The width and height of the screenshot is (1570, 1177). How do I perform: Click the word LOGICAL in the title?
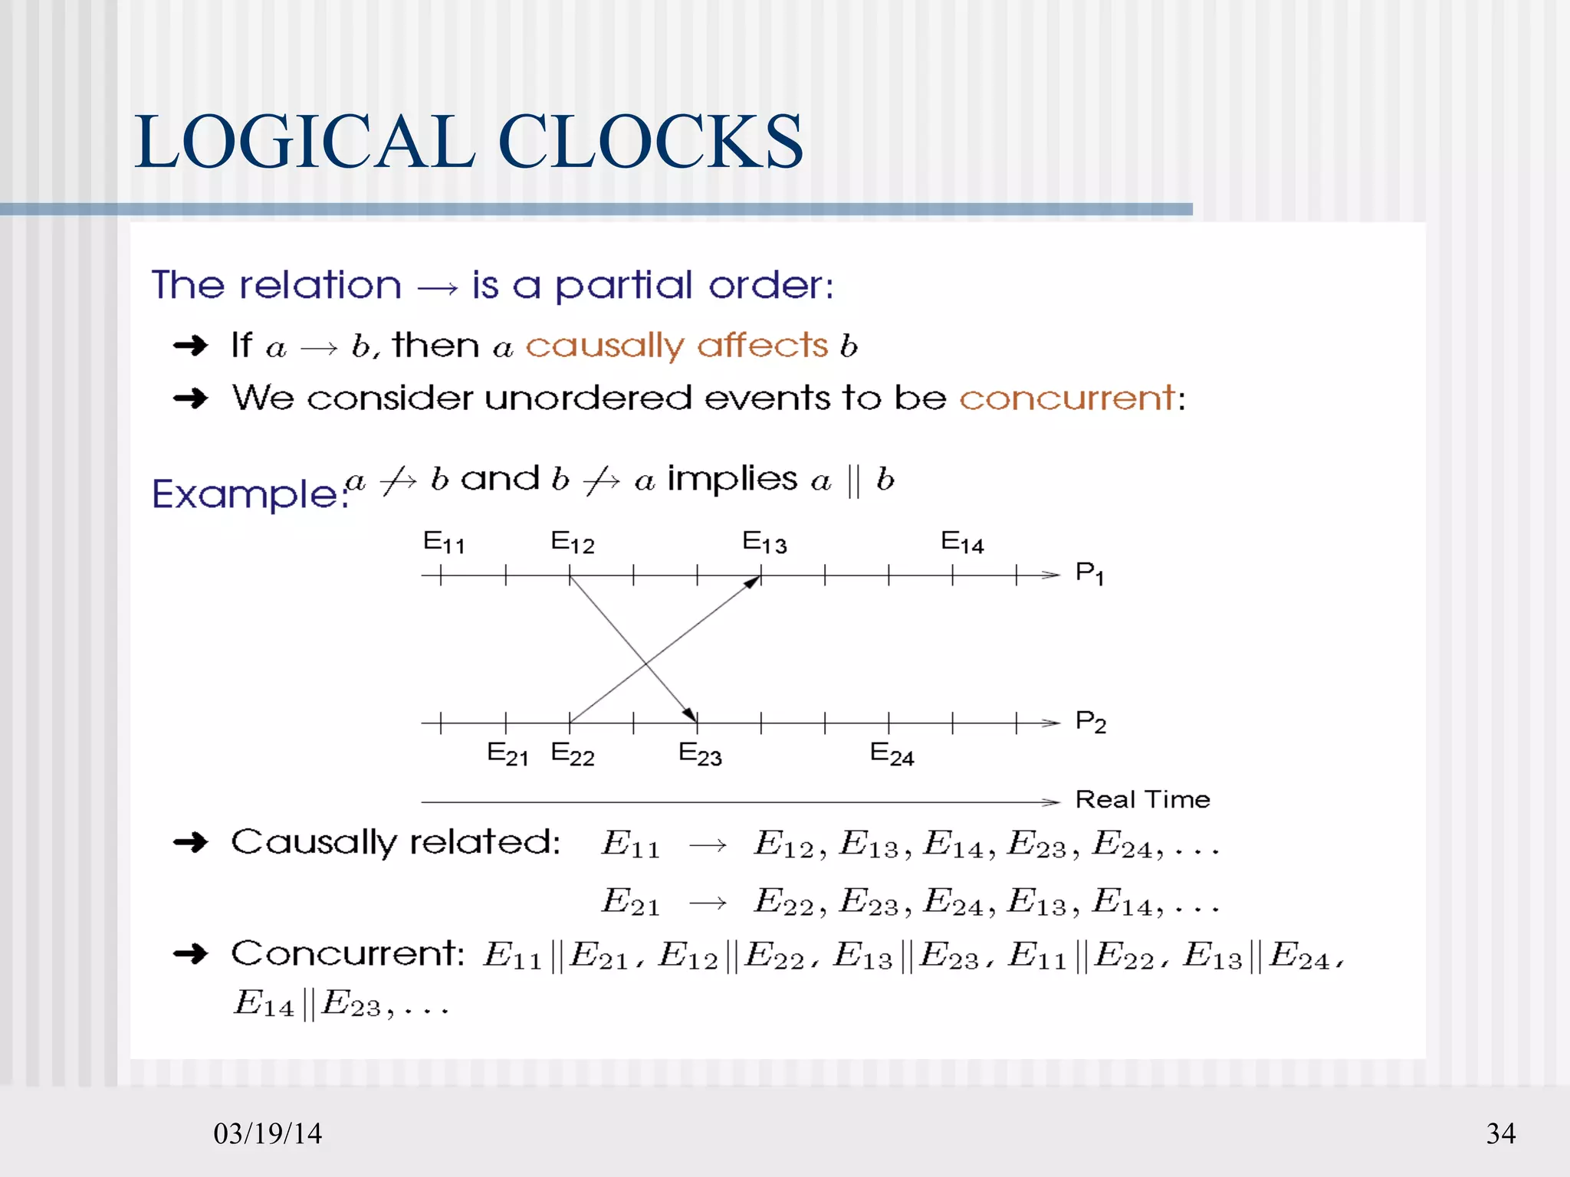305,142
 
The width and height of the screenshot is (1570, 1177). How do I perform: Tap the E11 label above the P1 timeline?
444,542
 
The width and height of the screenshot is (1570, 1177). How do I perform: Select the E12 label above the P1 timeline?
573,542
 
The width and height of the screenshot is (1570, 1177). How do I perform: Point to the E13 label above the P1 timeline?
764,542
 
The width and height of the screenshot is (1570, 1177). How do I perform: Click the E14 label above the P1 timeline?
962,542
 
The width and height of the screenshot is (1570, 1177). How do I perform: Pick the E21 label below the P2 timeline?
507,754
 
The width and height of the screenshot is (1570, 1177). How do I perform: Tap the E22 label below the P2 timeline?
573,754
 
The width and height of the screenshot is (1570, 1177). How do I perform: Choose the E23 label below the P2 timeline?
700,754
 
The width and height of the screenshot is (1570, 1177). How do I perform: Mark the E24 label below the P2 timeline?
892,754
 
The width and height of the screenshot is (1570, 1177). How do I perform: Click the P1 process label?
1089,572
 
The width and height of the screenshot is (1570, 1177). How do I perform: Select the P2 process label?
1090,722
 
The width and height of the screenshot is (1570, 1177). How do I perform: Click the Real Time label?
1142,799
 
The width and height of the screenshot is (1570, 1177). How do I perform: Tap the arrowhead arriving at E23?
691,715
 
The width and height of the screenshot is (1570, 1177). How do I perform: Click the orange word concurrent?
1067,398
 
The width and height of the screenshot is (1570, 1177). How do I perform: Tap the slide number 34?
1500,1133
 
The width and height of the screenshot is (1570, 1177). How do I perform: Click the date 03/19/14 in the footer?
268,1133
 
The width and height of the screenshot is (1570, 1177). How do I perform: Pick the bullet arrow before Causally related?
191,843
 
